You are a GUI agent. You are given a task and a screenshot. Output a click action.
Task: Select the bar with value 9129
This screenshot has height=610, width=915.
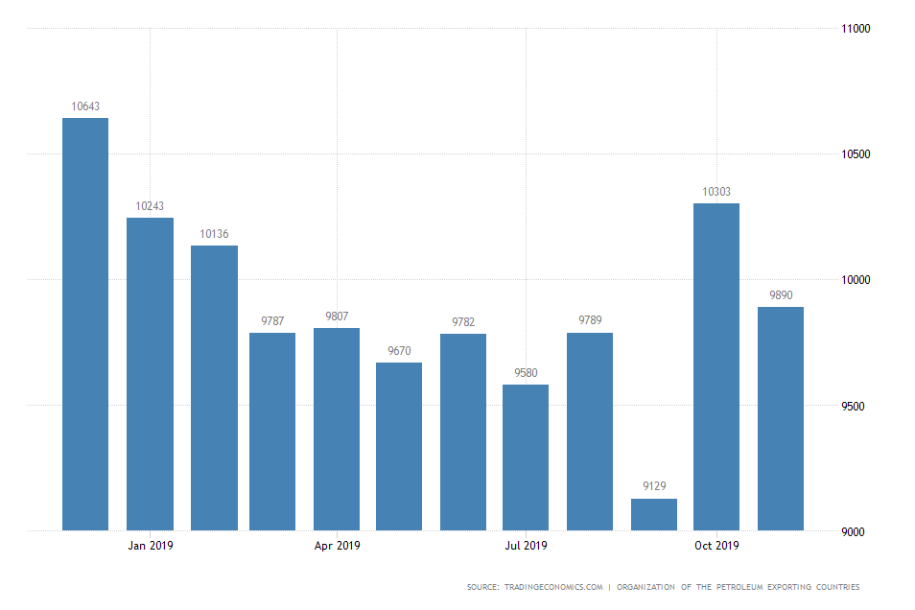654,514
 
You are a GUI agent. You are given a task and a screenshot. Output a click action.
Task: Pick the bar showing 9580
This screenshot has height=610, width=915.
526,457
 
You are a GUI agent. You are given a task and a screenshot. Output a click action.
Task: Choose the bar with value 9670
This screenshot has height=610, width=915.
399,446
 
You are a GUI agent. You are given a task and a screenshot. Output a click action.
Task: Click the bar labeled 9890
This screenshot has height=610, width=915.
781,418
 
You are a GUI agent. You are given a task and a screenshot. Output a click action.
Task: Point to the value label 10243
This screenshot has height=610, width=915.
150,206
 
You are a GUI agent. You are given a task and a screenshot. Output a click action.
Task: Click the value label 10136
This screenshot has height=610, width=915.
214,234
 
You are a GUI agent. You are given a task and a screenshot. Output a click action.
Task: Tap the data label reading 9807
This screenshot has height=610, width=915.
337,317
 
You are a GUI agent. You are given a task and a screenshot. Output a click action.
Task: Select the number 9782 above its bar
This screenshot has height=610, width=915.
463,322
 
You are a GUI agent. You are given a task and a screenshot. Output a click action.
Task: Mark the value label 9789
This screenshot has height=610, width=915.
590,321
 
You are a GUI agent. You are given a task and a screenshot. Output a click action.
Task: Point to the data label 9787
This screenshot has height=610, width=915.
272,321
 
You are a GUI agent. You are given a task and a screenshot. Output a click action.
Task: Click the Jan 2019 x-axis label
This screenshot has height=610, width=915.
151,546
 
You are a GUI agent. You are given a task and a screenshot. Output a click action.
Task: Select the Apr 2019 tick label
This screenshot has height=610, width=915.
337,546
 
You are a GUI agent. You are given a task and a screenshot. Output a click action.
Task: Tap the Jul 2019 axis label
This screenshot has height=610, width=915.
526,546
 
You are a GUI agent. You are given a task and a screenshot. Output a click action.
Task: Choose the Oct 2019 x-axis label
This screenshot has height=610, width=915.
716,546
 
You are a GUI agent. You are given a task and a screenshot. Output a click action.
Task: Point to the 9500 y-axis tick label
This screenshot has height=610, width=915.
853,406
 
